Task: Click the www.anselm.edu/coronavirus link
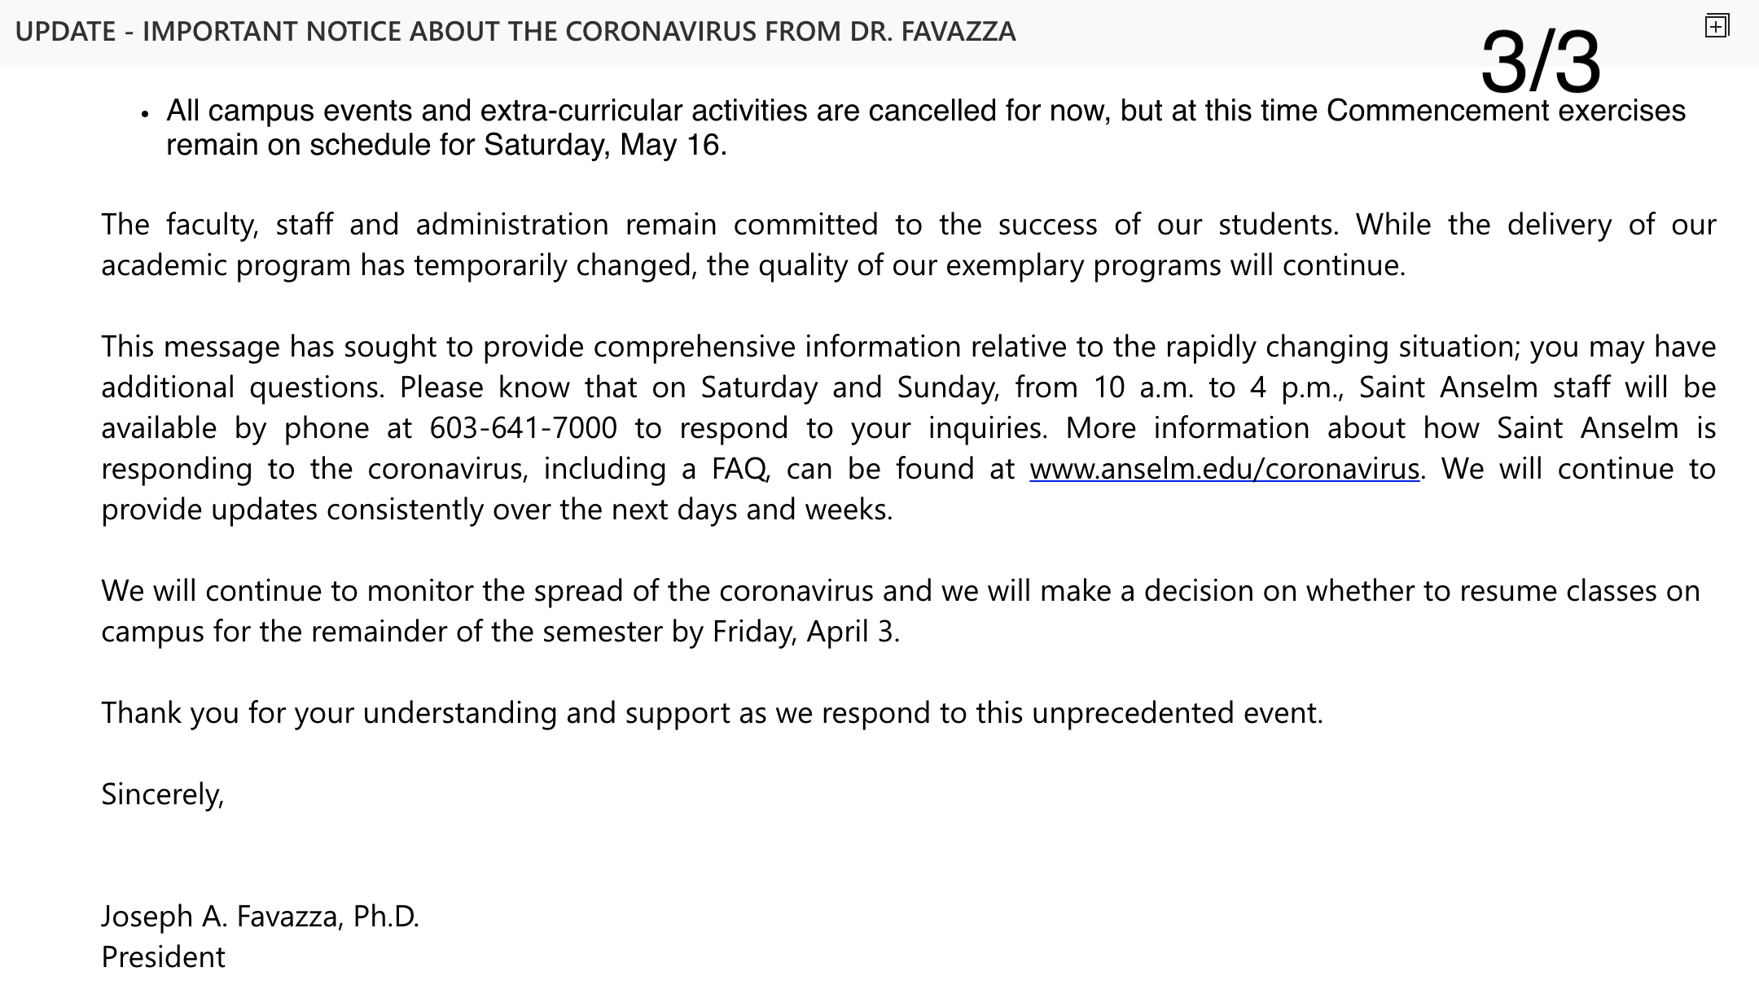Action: (x=1224, y=470)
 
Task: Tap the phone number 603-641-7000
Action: (x=523, y=429)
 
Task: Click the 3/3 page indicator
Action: (x=1540, y=62)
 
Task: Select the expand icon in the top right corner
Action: (x=1716, y=27)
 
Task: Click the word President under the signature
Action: (x=163, y=957)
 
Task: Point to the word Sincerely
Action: (x=162, y=795)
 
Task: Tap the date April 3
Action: (x=852, y=632)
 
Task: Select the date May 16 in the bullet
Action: (x=670, y=145)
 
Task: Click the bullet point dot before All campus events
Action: (x=145, y=115)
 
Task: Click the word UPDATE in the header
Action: (x=65, y=32)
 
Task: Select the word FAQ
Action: (x=739, y=470)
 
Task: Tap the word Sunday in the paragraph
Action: (x=947, y=388)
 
